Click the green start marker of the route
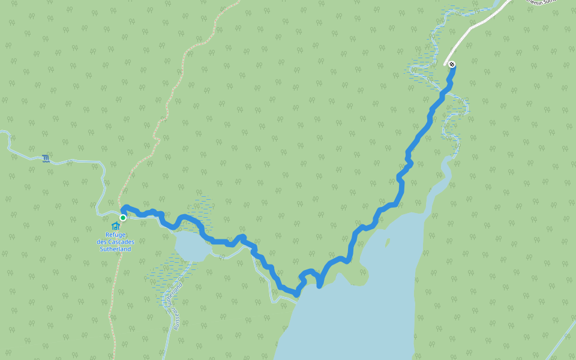[x=123, y=218]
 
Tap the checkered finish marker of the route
[x=452, y=64]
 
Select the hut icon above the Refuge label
[x=115, y=226]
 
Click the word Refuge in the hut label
[x=115, y=235]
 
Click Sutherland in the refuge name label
[x=115, y=248]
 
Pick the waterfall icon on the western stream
[x=46, y=159]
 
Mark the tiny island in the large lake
[x=388, y=243]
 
